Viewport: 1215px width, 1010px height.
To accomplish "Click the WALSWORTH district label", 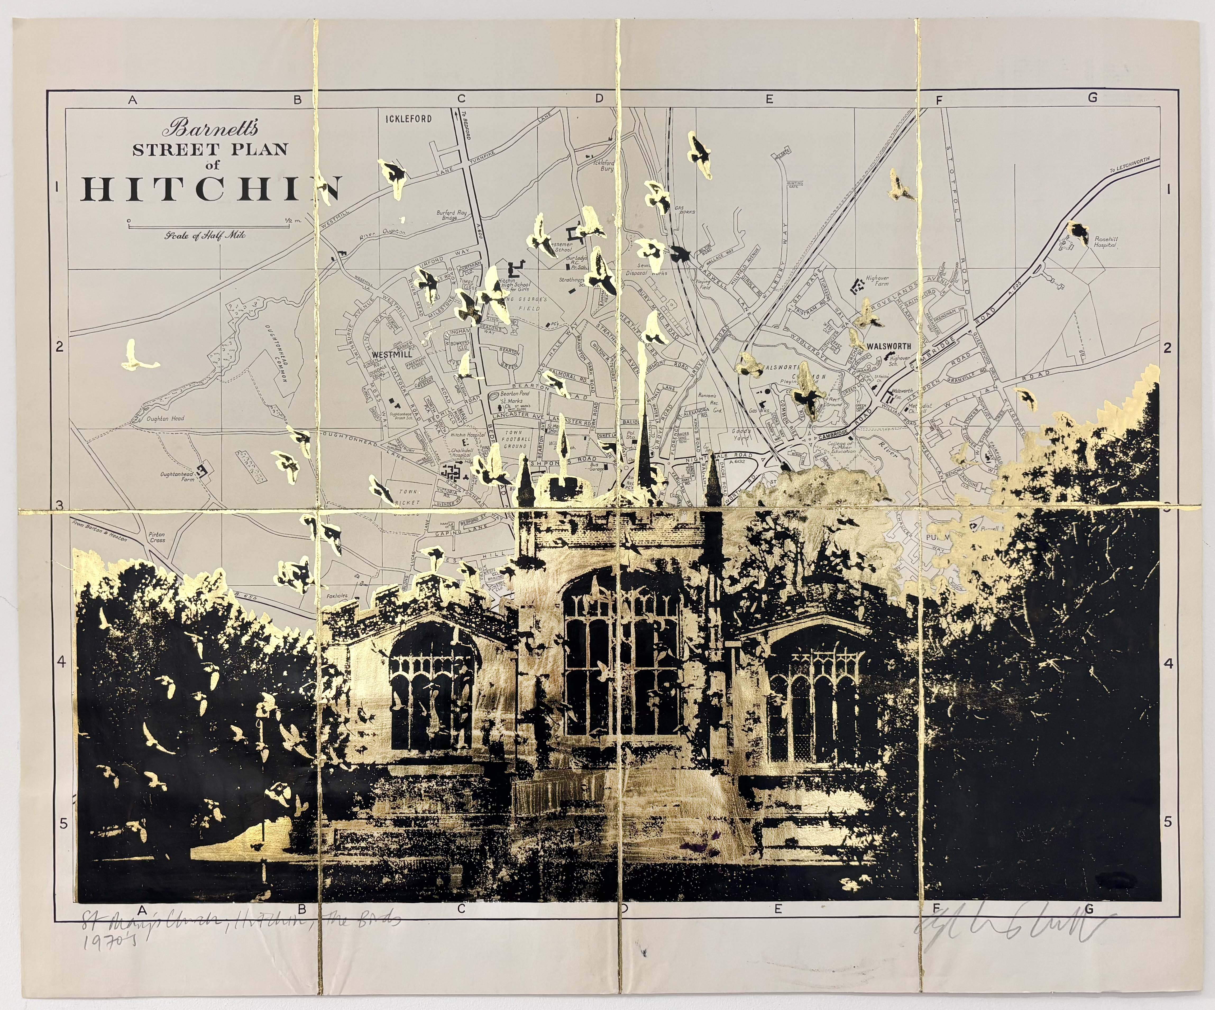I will click(889, 346).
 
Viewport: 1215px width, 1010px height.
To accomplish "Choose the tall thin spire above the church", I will click(641, 405).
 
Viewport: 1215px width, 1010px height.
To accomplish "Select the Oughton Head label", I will click(166, 418).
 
